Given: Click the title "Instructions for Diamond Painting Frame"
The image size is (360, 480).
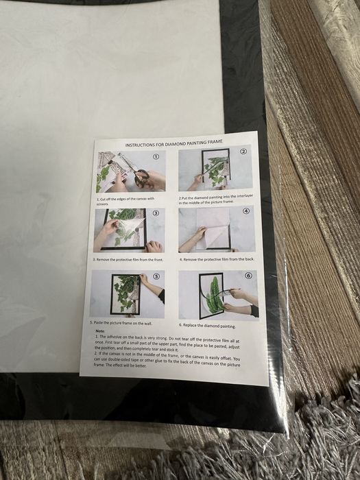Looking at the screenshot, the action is pyautogui.click(x=174, y=143).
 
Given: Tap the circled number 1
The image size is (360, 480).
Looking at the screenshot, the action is pyautogui.click(x=156, y=157).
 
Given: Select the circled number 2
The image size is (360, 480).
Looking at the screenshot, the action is pyautogui.click(x=243, y=152).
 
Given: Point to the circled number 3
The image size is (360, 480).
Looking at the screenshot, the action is pyautogui.click(x=156, y=213).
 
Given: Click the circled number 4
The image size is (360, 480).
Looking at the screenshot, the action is pyautogui.click(x=245, y=211).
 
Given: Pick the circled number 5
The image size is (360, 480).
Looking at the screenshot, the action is pyautogui.click(x=156, y=276).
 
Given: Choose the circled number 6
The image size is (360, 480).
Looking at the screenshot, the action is pyautogui.click(x=248, y=276).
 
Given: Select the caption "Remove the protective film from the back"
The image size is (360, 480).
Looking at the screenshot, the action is pyautogui.click(x=217, y=259).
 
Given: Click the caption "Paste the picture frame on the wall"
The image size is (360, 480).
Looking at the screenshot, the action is pyautogui.click(x=121, y=323).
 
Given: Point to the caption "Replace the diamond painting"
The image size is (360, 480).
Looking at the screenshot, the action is pyautogui.click(x=208, y=326).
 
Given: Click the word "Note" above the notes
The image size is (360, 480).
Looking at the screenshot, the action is pyautogui.click(x=100, y=331).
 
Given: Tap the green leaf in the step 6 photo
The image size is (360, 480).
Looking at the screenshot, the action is pyautogui.click(x=213, y=294).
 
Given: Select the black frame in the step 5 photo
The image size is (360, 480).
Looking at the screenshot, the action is pyautogui.click(x=111, y=294).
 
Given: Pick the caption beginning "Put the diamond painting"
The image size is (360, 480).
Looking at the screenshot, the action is pyautogui.click(x=216, y=199).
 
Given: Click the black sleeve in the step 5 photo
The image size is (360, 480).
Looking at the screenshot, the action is pyautogui.click(x=162, y=296).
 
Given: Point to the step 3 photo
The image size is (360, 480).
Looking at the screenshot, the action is pyautogui.click(x=129, y=230).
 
